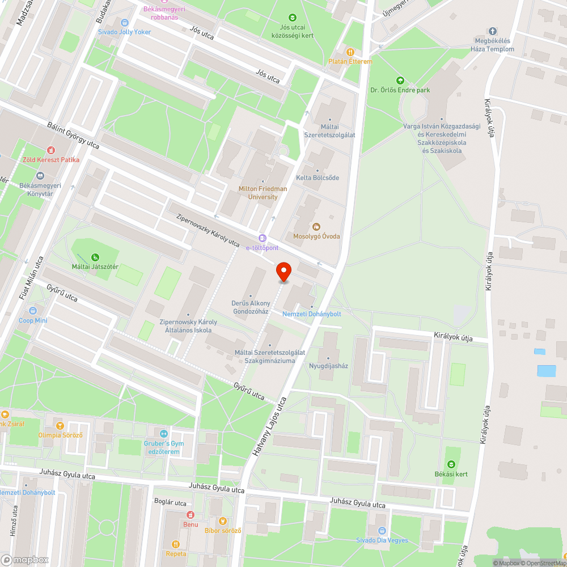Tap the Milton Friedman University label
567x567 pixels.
tap(263, 193)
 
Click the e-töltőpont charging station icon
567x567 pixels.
tap(262, 238)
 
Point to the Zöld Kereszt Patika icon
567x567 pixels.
tap(52, 150)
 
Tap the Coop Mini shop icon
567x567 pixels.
tap(33, 311)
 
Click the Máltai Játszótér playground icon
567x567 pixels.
tap(94, 257)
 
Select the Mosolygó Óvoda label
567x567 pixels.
tap(316, 235)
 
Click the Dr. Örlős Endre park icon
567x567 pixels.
tap(400, 81)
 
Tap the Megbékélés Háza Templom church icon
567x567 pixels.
tap(492, 31)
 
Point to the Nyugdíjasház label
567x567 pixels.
tap(328, 366)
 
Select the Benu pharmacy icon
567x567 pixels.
tap(191, 515)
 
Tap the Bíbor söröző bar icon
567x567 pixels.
tap(223, 521)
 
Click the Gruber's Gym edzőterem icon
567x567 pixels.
tap(163, 434)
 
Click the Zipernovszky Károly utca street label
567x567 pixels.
tap(208, 230)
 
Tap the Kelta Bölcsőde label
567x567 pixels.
tap(318, 177)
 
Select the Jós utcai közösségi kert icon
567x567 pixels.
tap(293, 18)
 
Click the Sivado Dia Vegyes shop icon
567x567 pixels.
tap(382, 531)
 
